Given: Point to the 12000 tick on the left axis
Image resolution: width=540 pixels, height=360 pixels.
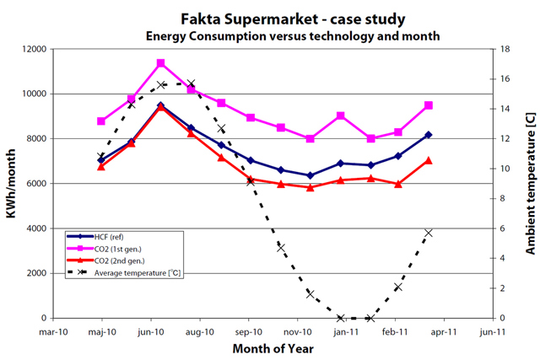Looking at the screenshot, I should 33,49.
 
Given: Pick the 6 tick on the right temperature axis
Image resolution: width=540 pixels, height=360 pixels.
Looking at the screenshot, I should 499,228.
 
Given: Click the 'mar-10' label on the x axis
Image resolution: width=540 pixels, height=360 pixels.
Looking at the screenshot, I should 53,331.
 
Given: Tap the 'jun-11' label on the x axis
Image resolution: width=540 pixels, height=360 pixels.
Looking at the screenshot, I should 493,331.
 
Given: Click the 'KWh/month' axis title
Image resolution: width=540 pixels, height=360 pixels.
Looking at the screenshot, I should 10,184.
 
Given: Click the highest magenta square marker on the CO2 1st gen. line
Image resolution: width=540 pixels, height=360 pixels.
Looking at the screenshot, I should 161,63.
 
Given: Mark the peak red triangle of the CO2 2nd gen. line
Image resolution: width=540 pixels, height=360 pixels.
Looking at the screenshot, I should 161,107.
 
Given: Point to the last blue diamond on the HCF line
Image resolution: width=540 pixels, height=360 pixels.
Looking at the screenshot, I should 429,135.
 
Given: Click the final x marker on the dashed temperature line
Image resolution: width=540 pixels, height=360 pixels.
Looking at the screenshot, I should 429,233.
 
